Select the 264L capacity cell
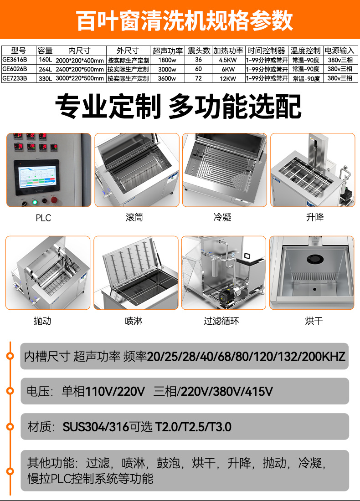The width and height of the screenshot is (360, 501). (45, 69)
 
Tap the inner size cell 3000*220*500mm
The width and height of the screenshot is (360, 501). (79, 78)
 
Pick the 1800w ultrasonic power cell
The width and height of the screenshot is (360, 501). (167, 60)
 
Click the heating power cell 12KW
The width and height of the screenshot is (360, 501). (228, 78)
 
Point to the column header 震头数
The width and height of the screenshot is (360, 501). (199, 51)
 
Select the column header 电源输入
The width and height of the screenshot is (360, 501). (339, 51)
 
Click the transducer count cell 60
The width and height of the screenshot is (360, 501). (199, 69)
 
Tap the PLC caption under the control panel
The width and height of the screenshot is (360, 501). (43, 218)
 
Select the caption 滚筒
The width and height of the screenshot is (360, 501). (134, 218)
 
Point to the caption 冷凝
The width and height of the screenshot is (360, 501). (223, 218)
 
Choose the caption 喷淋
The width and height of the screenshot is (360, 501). (134, 321)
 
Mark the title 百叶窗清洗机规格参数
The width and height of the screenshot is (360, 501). (180, 21)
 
